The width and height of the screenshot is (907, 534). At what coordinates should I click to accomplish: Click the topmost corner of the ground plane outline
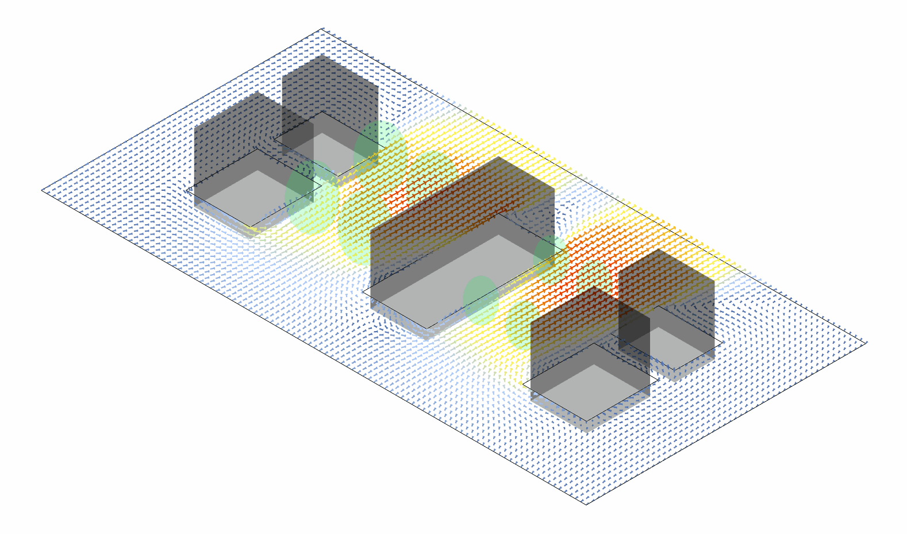(x=322, y=28)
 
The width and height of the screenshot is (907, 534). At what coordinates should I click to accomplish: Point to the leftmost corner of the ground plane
(x=42, y=190)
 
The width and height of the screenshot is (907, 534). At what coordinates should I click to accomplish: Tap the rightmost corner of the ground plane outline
(x=866, y=343)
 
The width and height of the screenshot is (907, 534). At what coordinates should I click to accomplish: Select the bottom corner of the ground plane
(x=586, y=504)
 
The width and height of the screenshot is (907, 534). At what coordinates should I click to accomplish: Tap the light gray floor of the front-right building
(x=592, y=391)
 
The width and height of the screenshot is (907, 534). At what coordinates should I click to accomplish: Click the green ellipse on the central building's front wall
(x=481, y=299)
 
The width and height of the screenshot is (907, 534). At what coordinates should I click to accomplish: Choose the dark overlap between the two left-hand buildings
(x=298, y=129)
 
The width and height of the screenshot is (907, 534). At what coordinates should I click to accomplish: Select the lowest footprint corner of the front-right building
(x=587, y=421)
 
